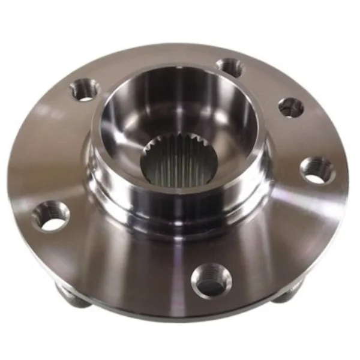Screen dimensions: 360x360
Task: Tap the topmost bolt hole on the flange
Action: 230,67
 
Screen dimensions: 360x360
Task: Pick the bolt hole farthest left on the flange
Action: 51,216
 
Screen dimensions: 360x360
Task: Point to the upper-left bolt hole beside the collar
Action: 85,90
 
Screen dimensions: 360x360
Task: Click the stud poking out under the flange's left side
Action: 71,297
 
